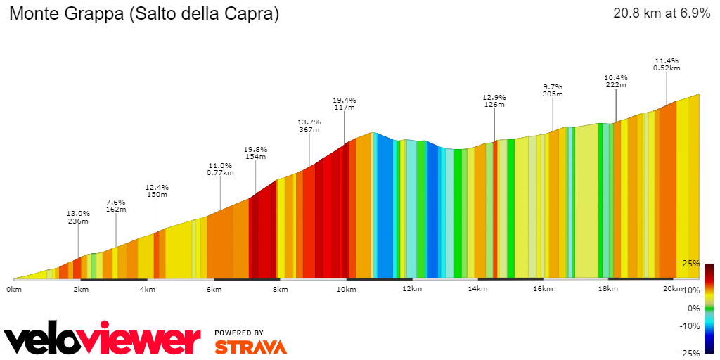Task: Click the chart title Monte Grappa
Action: click(x=143, y=14)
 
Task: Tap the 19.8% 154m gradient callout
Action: click(x=255, y=153)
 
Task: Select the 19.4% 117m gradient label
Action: click(x=344, y=103)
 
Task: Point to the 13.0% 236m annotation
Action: click(x=78, y=217)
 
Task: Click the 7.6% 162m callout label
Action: click(x=115, y=205)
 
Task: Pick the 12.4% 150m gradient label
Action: click(x=156, y=191)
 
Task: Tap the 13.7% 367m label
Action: click(x=309, y=125)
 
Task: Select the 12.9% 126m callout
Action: click(x=494, y=101)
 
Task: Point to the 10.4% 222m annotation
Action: click(x=615, y=81)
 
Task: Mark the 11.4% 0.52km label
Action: click(x=667, y=64)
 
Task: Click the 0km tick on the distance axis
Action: click(x=14, y=289)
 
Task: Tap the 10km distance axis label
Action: click(x=345, y=289)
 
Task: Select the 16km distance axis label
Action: click(x=543, y=289)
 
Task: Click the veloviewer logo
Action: click(x=102, y=340)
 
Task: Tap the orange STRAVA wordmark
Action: click(x=250, y=347)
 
